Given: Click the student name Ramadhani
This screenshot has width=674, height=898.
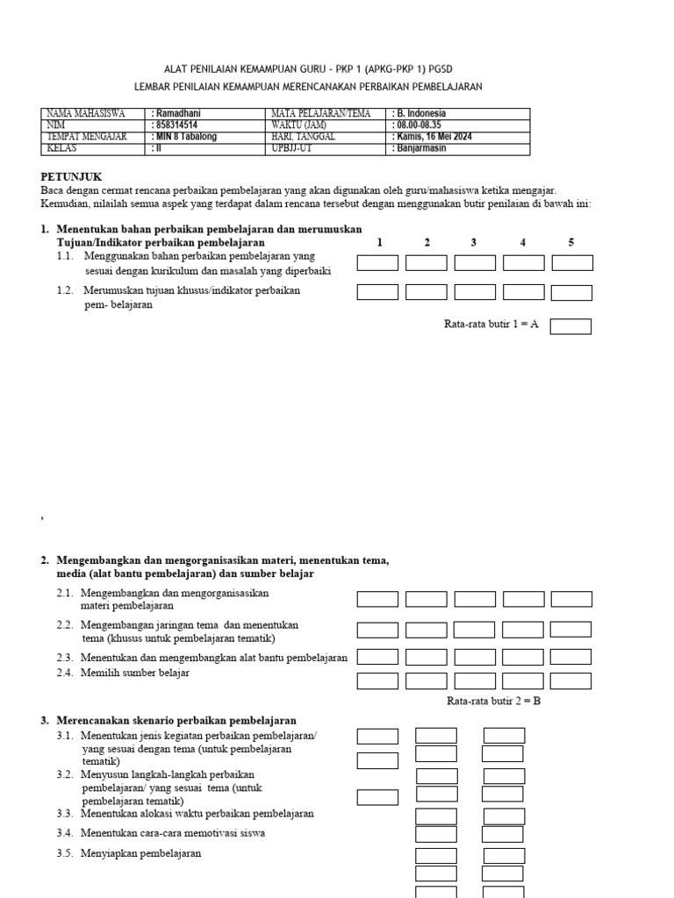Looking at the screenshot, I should click(x=179, y=113).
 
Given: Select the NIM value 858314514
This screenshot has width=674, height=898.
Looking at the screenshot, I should click(x=178, y=125).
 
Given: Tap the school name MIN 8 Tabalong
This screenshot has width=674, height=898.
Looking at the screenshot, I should click(x=186, y=137).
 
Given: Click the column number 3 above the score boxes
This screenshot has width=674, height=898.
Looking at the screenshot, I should click(x=473, y=242).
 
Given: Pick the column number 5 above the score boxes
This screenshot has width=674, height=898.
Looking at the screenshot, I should click(x=571, y=242).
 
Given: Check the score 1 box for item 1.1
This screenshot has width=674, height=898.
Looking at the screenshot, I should click(x=377, y=263).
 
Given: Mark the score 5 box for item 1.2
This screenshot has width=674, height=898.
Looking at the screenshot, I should click(x=571, y=292).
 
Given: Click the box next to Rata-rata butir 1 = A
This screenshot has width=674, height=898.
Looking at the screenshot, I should click(x=570, y=326).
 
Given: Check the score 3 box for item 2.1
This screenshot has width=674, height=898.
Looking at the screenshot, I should click(x=475, y=599).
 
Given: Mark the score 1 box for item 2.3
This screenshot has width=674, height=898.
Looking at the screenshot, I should click(x=377, y=657).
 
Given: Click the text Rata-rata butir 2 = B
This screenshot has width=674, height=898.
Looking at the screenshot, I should click(x=493, y=702).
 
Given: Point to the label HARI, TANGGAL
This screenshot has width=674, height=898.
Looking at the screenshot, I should click(x=304, y=137).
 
